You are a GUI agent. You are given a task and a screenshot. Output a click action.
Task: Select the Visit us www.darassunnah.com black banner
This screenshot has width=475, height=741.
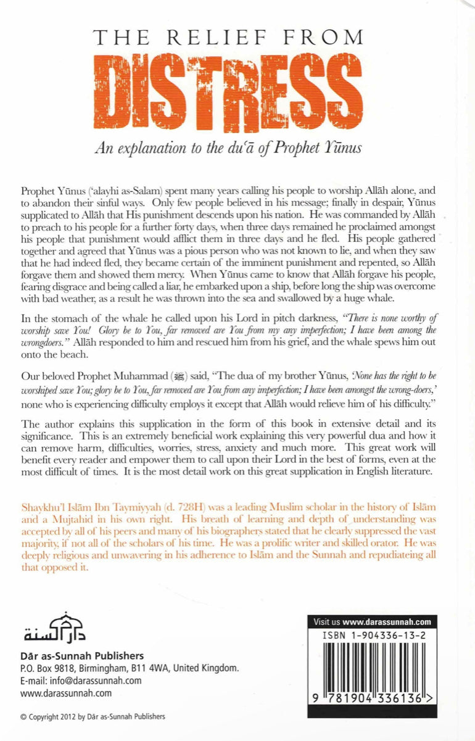tap(373, 621)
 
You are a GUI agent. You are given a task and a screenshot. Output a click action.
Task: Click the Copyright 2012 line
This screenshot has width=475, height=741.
tap(93, 716)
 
